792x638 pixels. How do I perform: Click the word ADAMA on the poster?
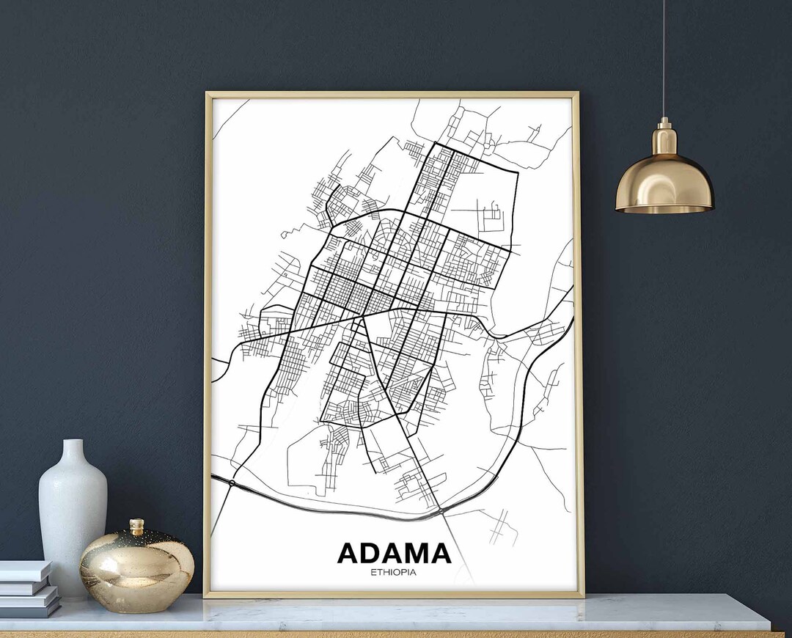[x=394, y=554]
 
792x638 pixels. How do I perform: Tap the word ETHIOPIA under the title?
[x=394, y=572]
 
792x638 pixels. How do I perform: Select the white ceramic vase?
[x=73, y=513]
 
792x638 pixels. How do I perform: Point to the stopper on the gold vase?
[x=136, y=527]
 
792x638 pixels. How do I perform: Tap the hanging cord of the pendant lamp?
[x=664, y=59]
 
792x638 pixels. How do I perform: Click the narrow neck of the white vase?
[x=73, y=450]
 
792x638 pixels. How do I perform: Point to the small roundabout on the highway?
[x=232, y=483]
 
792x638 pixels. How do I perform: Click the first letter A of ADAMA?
[x=349, y=554]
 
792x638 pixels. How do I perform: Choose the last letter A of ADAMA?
[x=439, y=554]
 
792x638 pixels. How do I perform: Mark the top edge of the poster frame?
[x=392, y=95]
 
